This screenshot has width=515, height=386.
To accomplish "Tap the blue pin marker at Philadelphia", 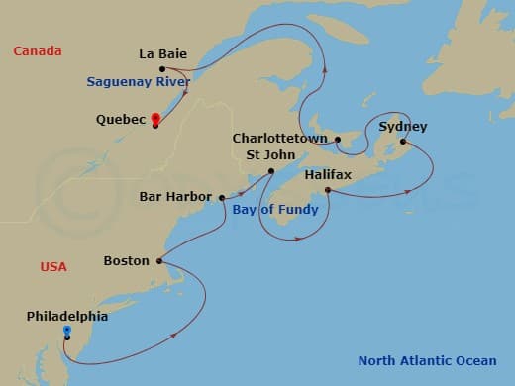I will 66,331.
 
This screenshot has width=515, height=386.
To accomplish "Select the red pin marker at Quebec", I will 155,119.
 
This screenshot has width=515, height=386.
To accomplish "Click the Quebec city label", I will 121,120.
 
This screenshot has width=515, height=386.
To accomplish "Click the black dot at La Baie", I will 162,69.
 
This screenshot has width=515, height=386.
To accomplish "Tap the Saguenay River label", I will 138,82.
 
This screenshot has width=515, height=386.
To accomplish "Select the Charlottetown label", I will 280,139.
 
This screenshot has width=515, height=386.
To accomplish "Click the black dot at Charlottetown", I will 337,140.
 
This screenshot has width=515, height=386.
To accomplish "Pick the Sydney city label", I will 403,127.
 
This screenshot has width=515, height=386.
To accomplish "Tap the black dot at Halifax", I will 327,189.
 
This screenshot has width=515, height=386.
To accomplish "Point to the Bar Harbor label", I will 174,197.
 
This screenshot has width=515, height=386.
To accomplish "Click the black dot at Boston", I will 158,261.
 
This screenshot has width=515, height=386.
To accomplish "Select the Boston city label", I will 126,261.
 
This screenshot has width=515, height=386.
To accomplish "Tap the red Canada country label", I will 38,50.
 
